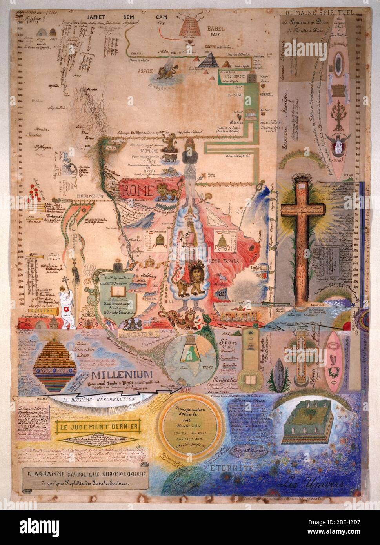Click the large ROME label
136,191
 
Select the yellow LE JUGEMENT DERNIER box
99,426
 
